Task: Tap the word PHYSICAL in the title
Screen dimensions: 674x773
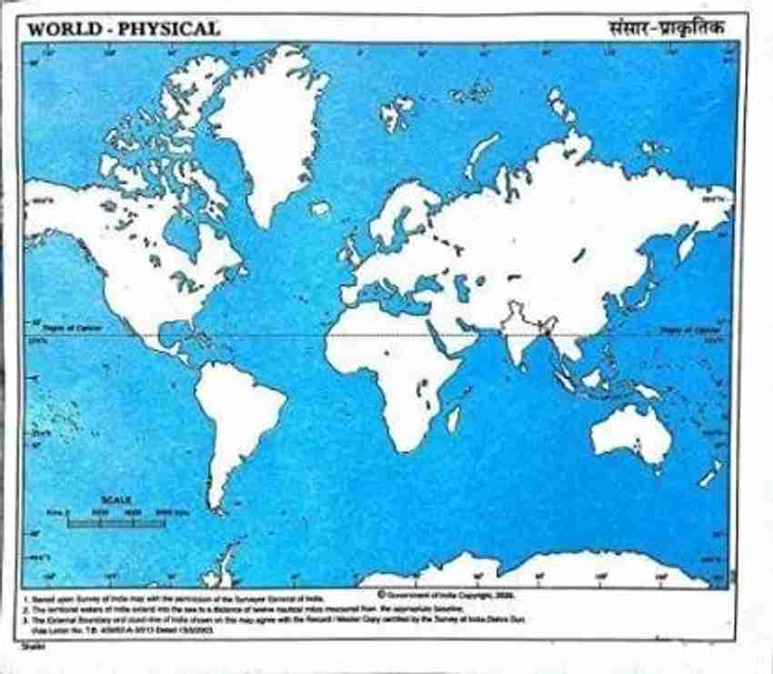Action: (163, 29)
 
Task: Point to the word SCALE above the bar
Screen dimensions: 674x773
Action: (116, 501)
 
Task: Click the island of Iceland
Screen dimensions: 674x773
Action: (319, 208)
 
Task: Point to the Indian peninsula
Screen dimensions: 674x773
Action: (517, 341)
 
